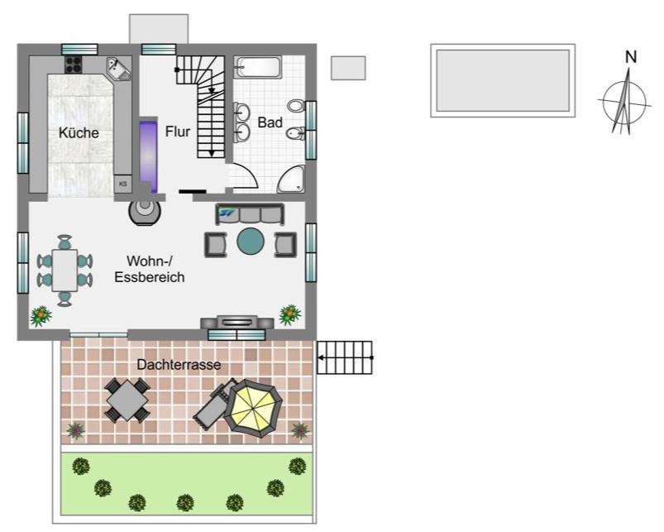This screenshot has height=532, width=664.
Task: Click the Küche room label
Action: (79, 132)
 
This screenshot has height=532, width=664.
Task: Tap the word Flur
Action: (178, 132)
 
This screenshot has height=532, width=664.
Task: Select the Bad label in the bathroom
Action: (270, 122)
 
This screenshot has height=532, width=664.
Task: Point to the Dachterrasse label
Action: (179, 364)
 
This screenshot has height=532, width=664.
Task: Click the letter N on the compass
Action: (631, 57)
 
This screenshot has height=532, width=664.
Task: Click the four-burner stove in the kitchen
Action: (74, 65)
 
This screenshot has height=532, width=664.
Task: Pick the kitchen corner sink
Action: (118, 68)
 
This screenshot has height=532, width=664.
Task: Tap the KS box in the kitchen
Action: (123, 184)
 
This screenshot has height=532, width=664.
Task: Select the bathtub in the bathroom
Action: (257, 67)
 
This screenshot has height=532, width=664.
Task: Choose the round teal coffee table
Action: (251, 242)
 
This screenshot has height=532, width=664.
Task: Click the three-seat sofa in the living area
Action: (250, 214)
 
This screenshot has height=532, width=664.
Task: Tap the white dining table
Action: (64, 271)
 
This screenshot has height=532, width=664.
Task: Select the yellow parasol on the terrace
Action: (253, 409)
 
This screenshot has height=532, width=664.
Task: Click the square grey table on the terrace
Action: (127, 400)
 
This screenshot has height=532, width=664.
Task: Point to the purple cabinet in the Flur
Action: (148, 156)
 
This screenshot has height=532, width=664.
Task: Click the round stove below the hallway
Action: (145, 211)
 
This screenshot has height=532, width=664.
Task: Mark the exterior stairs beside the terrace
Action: (345, 358)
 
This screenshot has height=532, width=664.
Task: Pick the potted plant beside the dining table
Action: (41, 316)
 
